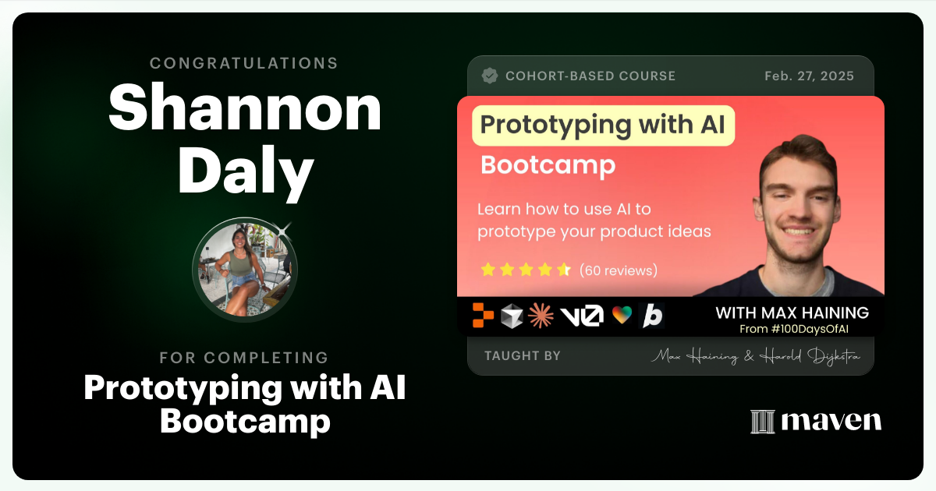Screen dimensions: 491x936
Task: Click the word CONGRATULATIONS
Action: (244, 63)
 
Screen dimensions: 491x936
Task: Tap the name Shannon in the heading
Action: (245, 110)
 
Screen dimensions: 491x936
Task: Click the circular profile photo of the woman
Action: (244, 269)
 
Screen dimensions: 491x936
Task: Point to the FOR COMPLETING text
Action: (244, 358)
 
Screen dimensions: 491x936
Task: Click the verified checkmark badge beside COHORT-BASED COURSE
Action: (490, 76)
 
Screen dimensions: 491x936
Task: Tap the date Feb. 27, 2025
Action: (809, 76)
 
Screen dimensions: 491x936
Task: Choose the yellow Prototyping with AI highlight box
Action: (603, 125)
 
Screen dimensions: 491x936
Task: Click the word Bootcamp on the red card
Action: (548, 165)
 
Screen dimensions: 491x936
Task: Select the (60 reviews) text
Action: (619, 270)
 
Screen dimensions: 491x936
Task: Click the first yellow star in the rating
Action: (488, 270)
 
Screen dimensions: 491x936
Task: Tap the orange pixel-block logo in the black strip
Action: (484, 315)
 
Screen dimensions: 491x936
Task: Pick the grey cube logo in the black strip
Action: (512, 315)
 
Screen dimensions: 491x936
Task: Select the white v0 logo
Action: (581, 316)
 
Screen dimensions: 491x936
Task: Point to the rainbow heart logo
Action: (622, 316)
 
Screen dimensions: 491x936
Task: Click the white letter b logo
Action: (651, 316)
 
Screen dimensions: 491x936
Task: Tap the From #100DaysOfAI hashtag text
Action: (803, 329)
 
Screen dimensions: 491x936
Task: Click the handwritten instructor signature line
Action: (756, 356)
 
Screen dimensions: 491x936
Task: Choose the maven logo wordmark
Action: (816, 422)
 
